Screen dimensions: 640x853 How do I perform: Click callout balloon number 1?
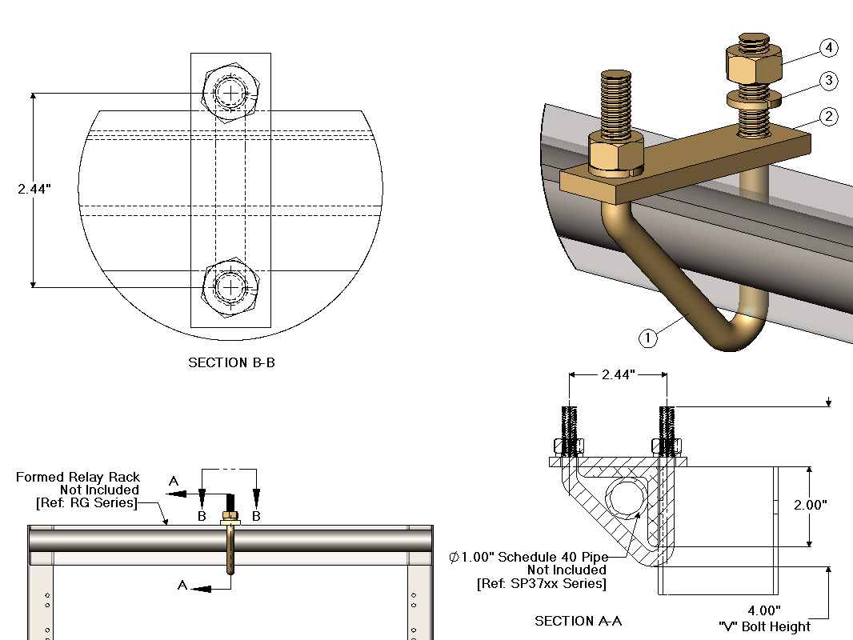pyautogui.click(x=648, y=338)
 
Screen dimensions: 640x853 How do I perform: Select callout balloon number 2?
pyautogui.click(x=828, y=117)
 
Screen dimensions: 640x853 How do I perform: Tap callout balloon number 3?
pyautogui.click(x=828, y=81)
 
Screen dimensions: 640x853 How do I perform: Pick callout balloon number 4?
pyautogui.click(x=828, y=48)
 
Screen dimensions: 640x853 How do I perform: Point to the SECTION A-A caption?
pyautogui.click(x=578, y=621)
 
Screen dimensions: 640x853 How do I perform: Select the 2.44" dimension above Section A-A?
pyautogui.click(x=618, y=374)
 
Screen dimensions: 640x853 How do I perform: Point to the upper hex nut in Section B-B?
pyautogui.click(x=231, y=93)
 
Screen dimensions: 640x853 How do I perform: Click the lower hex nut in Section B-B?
pyautogui.click(x=231, y=287)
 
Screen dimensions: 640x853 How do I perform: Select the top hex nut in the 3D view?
pyautogui.click(x=753, y=66)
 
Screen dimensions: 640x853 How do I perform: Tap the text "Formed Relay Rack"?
pyautogui.click(x=78, y=478)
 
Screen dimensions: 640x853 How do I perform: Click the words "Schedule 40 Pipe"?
pyautogui.click(x=552, y=557)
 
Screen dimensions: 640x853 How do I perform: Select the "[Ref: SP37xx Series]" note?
pyautogui.click(x=541, y=583)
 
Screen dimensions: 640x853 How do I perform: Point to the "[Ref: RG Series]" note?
pyautogui.click(x=87, y=502)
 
